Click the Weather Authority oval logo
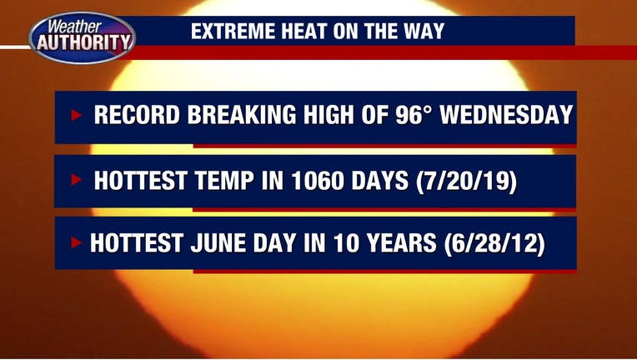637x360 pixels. coord(82,37)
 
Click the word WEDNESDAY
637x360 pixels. coord(507,115)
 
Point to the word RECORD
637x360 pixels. coord(137,115)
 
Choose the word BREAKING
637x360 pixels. coord(242,115)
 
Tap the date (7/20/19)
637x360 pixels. coord(466,182)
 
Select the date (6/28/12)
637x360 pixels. coord(494,243)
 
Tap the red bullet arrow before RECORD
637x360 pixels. coord(77,115)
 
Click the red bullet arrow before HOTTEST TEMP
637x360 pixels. coord(77,179)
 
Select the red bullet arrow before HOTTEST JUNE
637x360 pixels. coord(77,242)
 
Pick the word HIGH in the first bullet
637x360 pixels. coord(329,115)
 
